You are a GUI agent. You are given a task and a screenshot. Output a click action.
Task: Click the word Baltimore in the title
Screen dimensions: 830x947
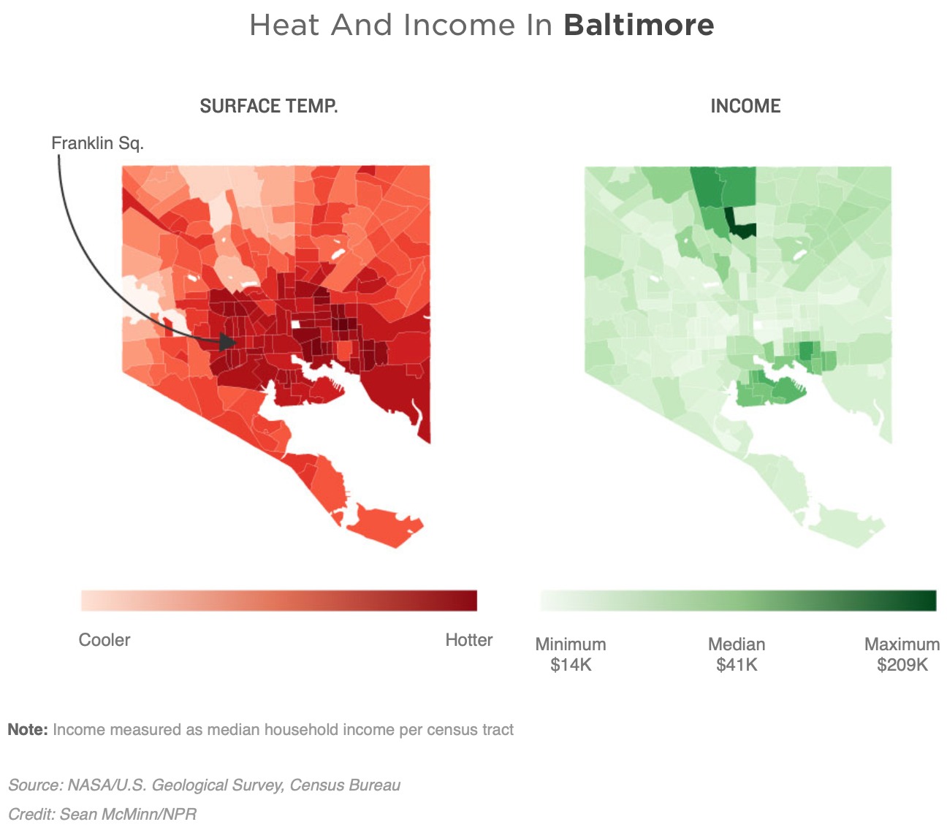click(639, 26)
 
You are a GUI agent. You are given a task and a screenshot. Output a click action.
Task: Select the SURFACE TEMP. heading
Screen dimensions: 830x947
click(269, 107)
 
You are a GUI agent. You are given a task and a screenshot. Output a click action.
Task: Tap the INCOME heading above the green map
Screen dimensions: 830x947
click(745, 107)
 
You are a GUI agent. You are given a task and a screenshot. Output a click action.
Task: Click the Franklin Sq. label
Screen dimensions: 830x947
click(97, 143)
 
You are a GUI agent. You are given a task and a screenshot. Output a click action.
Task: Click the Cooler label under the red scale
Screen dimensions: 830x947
click(104, 640)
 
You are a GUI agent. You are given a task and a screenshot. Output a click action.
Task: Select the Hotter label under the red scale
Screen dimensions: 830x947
click(468, 640)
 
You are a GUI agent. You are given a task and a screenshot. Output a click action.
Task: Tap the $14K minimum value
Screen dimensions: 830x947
click(571, 665)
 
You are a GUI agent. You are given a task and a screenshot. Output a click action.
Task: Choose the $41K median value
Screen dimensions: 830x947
click(737, 665)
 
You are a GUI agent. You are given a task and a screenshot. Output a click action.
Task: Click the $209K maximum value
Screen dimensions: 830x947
click(902, 665)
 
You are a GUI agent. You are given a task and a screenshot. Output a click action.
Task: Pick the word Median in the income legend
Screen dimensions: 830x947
click(737, 644)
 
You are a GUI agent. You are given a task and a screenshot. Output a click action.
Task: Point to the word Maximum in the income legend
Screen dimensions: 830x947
click(902, 644)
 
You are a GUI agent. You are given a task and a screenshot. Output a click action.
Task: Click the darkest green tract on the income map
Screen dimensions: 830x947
click(744, 229)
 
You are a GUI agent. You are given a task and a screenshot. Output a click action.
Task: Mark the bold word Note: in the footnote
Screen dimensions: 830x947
click(28, 730)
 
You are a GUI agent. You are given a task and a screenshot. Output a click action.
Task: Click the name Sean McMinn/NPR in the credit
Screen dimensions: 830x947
click(128, 814)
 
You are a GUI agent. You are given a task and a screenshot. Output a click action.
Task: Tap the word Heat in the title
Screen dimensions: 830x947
click(284, 26)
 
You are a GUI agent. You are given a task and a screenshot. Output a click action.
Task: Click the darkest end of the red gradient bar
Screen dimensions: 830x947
click(471, 601)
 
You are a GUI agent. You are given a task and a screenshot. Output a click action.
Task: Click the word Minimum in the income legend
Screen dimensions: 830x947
click(571, 644)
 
